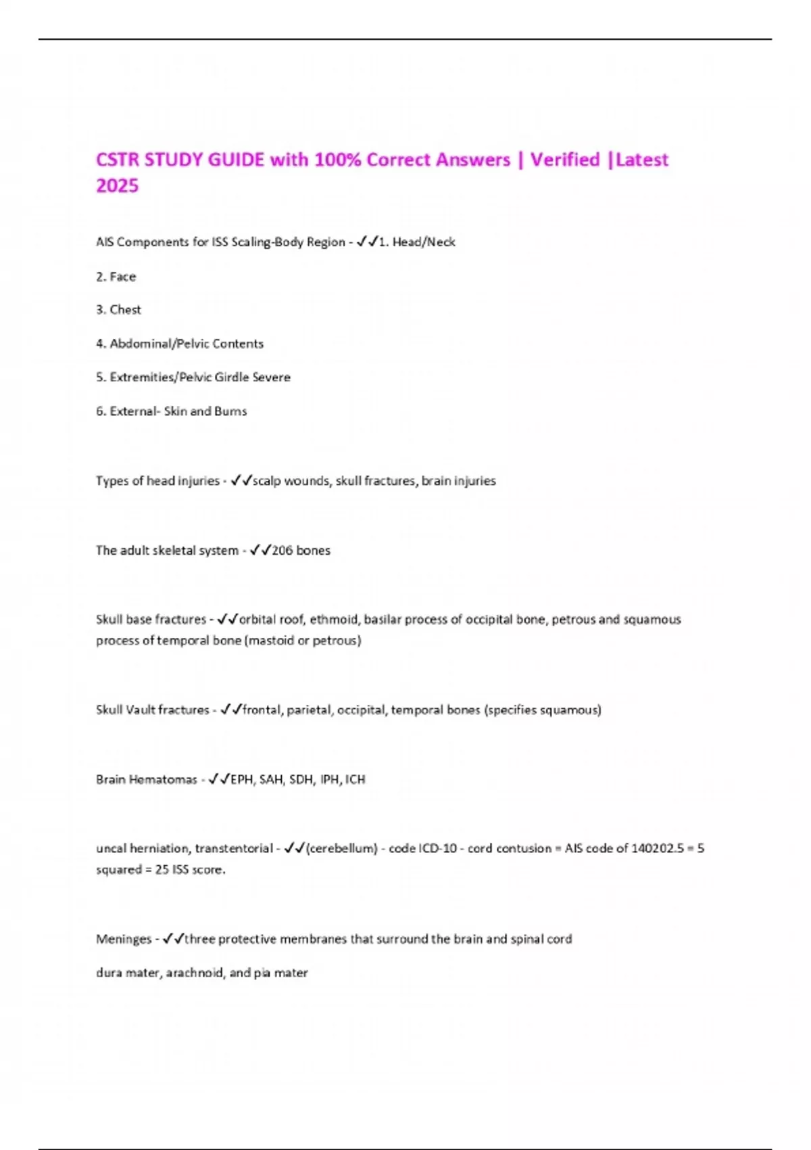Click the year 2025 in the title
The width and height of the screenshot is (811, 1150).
click(117, 186)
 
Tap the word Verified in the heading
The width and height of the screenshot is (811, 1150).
click(565, 160)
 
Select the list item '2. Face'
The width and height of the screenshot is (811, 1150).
click(116, 277)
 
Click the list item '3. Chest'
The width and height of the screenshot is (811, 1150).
click(118, 310)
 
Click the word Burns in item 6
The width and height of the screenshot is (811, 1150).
click(230, 411)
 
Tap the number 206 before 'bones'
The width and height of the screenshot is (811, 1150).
click(282, 551)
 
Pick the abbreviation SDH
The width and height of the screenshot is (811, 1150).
click(301, 779)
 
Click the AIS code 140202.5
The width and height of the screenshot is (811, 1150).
click(658, 848)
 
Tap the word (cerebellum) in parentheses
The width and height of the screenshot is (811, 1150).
click(341, 848)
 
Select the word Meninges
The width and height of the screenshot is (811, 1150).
click(124, 939)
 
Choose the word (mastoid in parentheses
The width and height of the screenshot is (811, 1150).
click(270, 641)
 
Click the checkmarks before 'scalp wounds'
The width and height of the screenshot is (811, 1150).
click(241, 481)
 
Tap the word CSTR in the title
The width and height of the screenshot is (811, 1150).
click(118, 160)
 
